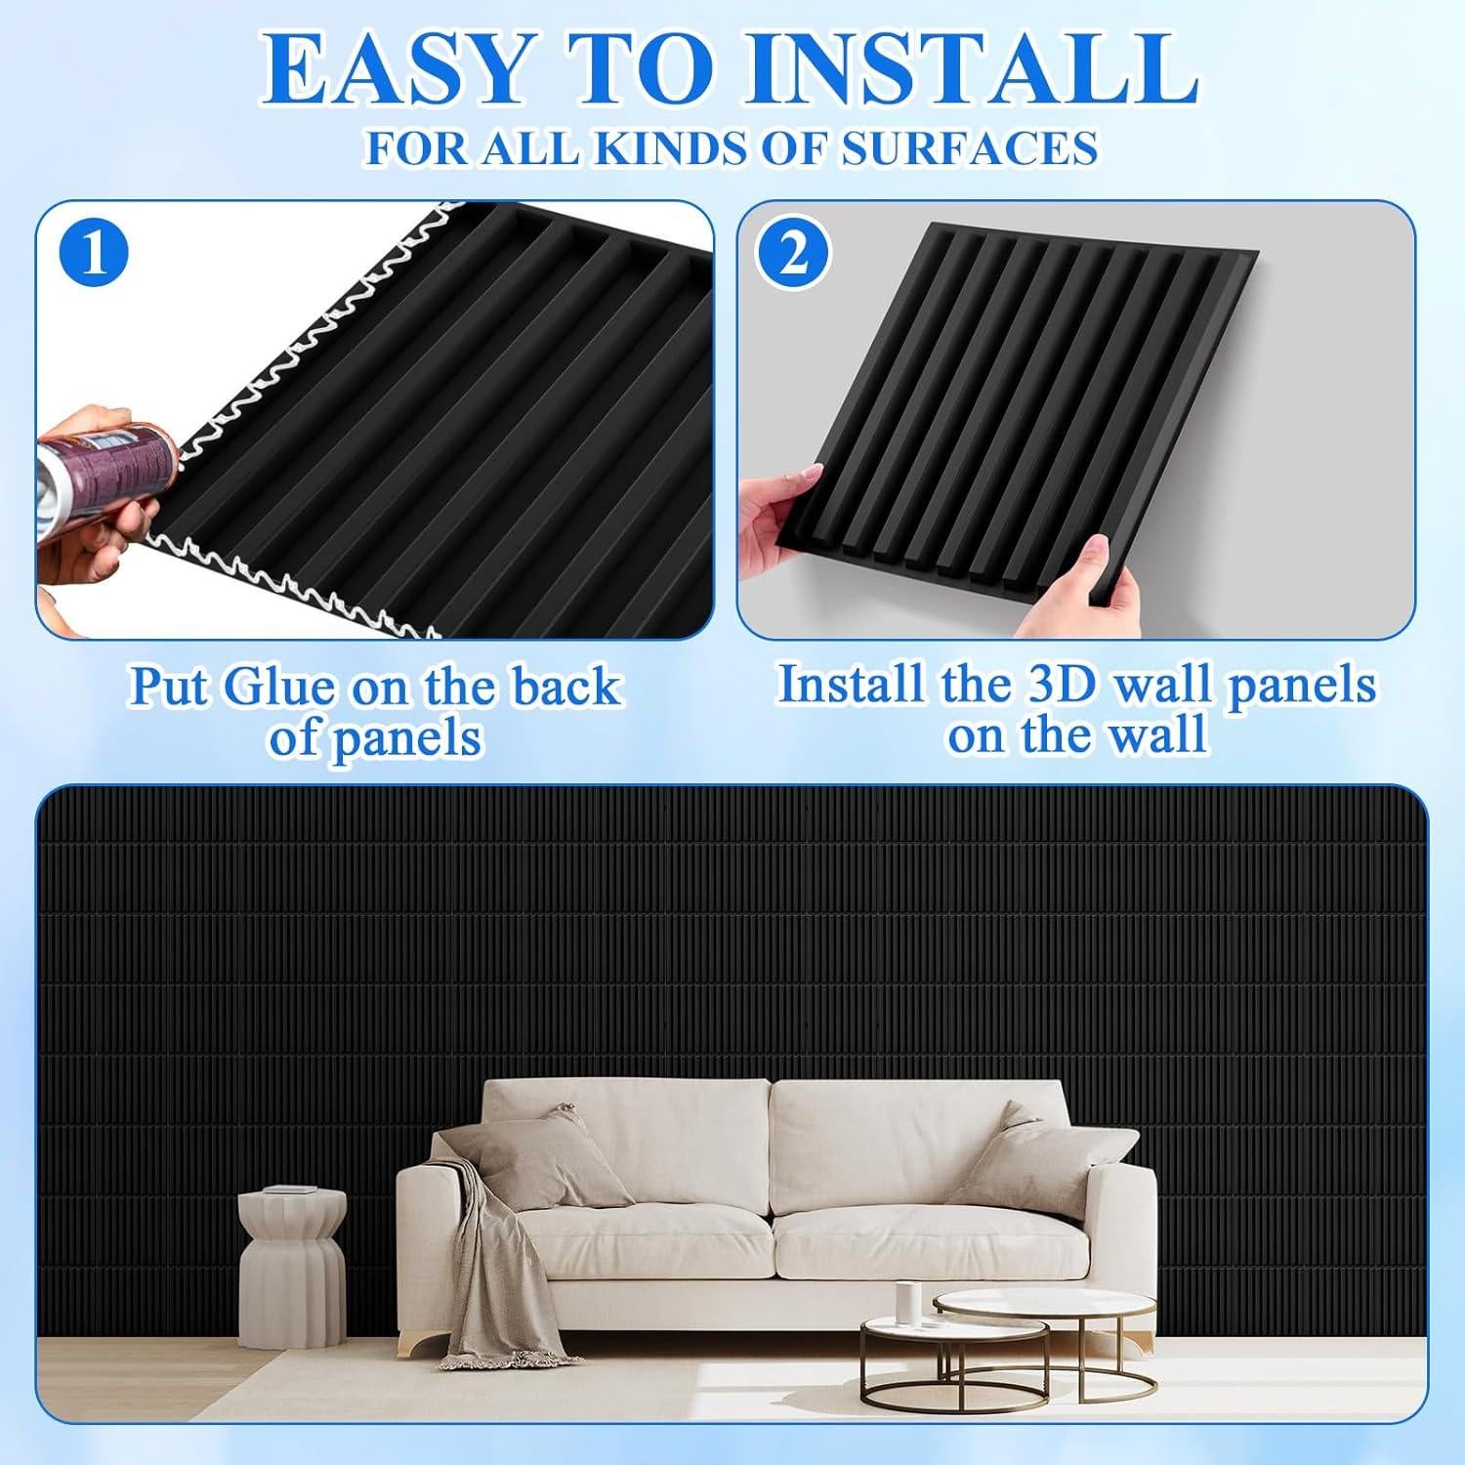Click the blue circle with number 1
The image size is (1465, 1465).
(x=95, y=253)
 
